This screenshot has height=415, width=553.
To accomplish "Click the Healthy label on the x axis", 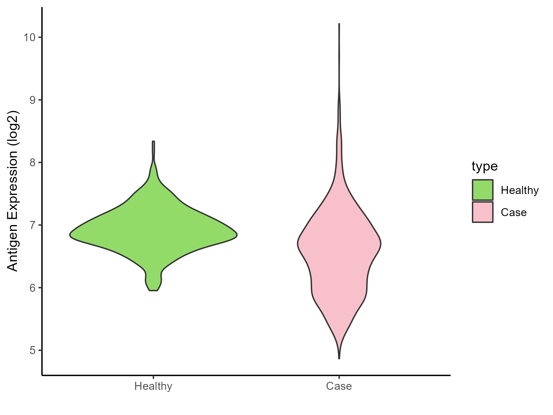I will pos(153,386).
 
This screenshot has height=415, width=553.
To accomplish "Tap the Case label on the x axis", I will pos(339,386).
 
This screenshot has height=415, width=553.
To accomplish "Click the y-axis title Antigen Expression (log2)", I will pos(13,191).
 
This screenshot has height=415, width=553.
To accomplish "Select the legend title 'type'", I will pos(484,166).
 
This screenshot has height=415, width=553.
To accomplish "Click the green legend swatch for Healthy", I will pos(483,190).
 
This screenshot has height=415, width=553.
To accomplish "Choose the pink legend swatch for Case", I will pos(483,212).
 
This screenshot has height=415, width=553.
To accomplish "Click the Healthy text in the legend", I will pos(520,191).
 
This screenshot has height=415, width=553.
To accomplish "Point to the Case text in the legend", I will pos(513,212).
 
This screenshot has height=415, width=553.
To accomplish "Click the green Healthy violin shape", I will pos(153,234).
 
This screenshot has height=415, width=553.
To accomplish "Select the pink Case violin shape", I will pos(339,246).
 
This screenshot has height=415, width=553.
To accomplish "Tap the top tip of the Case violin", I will pos(339,24).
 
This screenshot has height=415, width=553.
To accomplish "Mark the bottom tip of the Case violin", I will pos(339,358).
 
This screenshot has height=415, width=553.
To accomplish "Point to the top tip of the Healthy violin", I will pos(153,141).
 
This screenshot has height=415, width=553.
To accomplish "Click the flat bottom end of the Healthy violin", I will pos(153,290).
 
